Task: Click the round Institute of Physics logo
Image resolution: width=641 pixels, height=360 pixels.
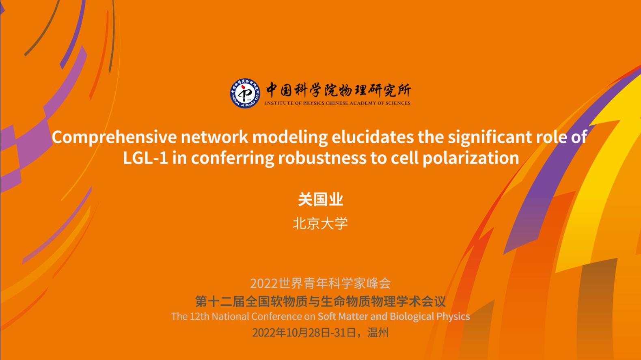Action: pyautogui.click(x=245, y=93)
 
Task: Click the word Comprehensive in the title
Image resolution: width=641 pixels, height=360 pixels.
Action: pyautogui.click(x=114, y=137)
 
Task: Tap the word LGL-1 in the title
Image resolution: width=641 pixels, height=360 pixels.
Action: pyautogui.click(x=145, y=158)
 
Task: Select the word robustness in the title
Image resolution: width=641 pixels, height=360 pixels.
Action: pyautogui.click(x=322, y=158)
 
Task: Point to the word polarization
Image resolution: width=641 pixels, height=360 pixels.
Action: pyautogui.click(x=471, y=158)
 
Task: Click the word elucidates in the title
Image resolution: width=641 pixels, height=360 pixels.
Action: pyautogui.click(x=373, y=137)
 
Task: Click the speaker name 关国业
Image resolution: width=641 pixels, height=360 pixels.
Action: pyautogui.click(x=321, y=199)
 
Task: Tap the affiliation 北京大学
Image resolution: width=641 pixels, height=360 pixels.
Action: pyautogui.click(x=320, y=223)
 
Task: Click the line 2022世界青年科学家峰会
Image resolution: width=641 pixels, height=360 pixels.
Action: pyautogui.click(x=321, y=283)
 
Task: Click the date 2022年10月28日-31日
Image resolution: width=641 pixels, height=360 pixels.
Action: pyautogui.click(x=304, y=332)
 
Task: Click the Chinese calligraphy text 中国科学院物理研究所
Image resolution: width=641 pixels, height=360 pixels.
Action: pyautogui.click(x=339, y=90)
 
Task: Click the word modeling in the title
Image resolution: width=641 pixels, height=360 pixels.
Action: pyautogui.click(x=290, y=137)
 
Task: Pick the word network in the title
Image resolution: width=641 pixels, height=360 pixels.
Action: pyautogui.click(x=214, y=137)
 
